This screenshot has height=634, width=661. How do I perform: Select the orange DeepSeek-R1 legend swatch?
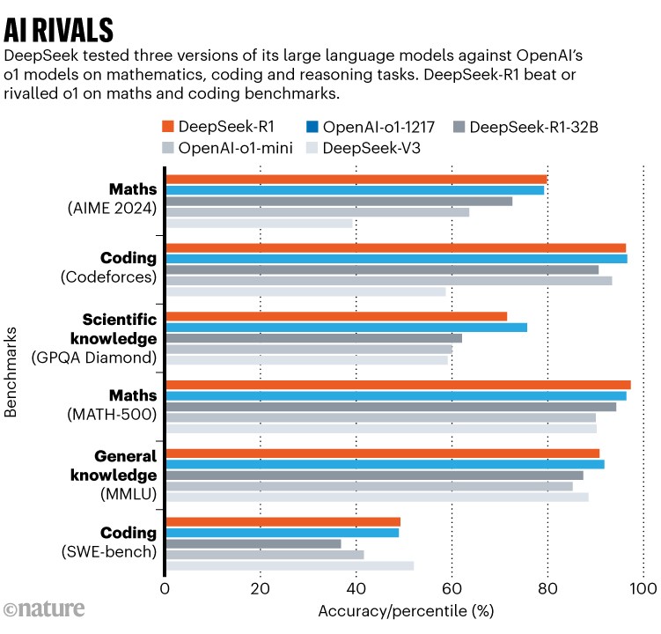pyautogui.click(x=168, y=127)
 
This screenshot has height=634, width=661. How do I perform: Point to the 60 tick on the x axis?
pyautogui.click(x=452, y=589)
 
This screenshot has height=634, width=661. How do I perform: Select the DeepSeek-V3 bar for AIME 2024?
pyautogui.click(x=259, y=224)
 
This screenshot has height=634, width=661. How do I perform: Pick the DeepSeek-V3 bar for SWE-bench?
pyautogui.click(x=290, y=565)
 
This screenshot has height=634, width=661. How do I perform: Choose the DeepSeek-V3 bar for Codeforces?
pyautogui.click(x=305, y=291)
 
